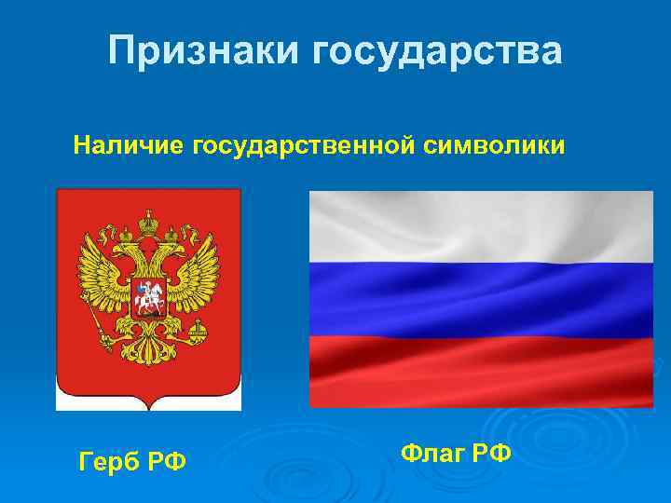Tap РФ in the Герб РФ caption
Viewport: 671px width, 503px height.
(167, 460)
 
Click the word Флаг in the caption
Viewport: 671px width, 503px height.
(433, 454)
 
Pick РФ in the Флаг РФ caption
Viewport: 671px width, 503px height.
(491, 454)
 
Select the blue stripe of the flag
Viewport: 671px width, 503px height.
(480, 296)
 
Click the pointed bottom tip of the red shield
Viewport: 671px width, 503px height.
(148, 407)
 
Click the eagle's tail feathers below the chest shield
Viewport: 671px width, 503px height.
(148, 349)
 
